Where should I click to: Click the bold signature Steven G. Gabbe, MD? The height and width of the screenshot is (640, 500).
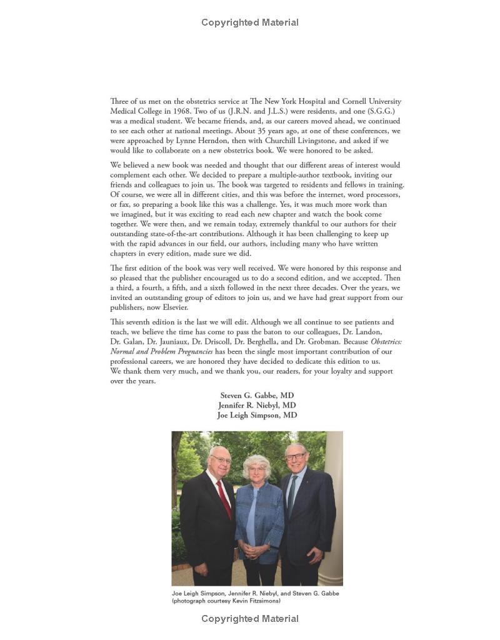[257, 396]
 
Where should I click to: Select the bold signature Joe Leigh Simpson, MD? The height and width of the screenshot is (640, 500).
[257, 415]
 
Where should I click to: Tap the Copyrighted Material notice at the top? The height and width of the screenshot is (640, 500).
[250, 22]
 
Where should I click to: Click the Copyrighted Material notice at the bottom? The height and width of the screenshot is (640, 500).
[250, 619]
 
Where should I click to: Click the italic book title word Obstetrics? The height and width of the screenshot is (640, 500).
[386, 342]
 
